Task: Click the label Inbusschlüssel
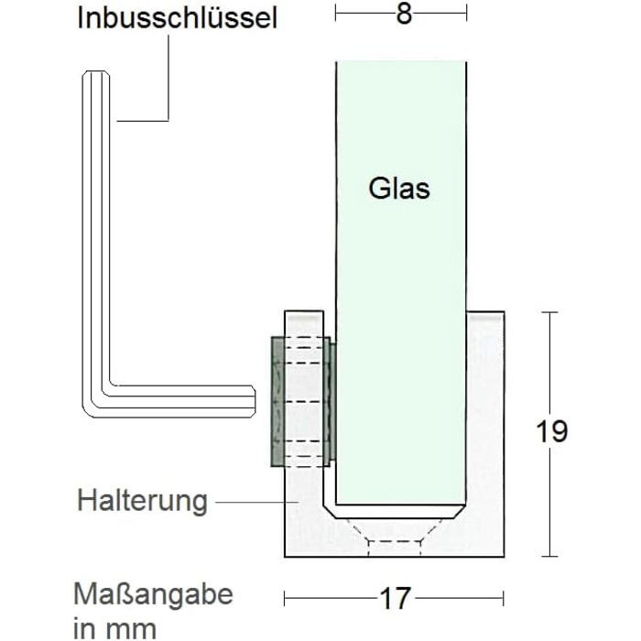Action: pyautogui.click(x=178, y=18)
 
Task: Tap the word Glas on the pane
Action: pyautogui.click(x=399, y=189)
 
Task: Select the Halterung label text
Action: pyautogui.click(x=142, y=501)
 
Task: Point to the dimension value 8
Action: pyautogui.click(x=404, y=14)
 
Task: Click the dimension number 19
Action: pyautogui.click(x=551, y=431)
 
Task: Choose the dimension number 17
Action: pyautogui.click(x=395, y=599)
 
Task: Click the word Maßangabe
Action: pyautogui.click(x=155, y=594)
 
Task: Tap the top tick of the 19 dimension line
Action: pyautogui.click(x=549, y=312)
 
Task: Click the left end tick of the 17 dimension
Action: pyautogui.click(x=285, y=599)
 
